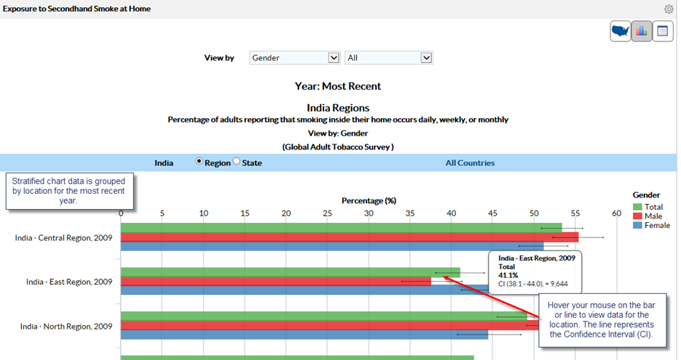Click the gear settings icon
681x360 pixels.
tap(669, 9)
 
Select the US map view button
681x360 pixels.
tap(621, 31)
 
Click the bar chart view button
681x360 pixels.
tap(642, 31)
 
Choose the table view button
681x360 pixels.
tap(663, 31)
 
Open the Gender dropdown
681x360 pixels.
tap(294, 58)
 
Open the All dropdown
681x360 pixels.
tap(389, 58)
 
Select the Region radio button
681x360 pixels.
tap(200, 163)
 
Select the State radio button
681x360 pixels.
tap(236, 163)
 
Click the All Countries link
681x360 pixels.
tap(470, 163)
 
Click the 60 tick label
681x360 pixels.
tap(616, 214)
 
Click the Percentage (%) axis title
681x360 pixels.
tap(369, 200)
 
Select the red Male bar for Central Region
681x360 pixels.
tap(350, 237)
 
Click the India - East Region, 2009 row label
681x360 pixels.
tap(69, 282)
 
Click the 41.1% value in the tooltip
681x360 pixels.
tap(508, 275)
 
